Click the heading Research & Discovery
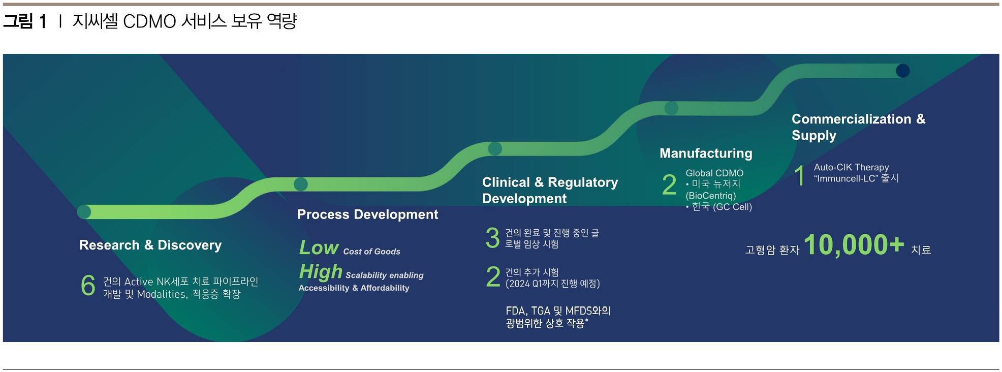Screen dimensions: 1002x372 pyautogui.click(x=150, y=245)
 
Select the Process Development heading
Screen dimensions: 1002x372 pyautogui.click(x=367, y=214)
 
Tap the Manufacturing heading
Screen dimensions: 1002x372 pyautogui.click(x=706, y=153)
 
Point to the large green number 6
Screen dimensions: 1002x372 pyautogui.click(x=88, y=285)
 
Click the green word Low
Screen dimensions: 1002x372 pyautogui.click(x=319, y=247)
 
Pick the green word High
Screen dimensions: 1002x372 pyautogui.click(x=321, y=271)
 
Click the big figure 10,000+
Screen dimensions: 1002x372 pyautogui.click(x=854, y=244)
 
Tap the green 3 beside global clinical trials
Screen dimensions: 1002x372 pyautogui.click(x=492, y=238)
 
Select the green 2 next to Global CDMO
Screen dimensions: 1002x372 pyautogui.click(x=669, y=184)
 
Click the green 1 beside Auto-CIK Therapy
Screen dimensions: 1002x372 pyautogui.click(x=799, y=175)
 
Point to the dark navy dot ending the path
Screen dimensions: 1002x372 pyautogui.click(x=903, y=71)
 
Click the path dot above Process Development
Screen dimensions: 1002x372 pyautogui.click(x=301, y=184)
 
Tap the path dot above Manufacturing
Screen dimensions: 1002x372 pyautogui.click(x=671, y=108)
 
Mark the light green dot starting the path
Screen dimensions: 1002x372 pyautogui.click(x=84, y=212)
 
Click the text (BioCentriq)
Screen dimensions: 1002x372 pyautogui.click(x=710, y=196)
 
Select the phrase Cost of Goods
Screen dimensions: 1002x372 pyautogui.click(x=371, y=252)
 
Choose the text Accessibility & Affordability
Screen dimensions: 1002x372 pyautogui.click(x=354, y=288)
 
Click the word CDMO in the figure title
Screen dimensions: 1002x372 pyautogui.click(x=149, y=21)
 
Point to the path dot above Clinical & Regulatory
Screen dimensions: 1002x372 pyautogui.click(x=495, y=148)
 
